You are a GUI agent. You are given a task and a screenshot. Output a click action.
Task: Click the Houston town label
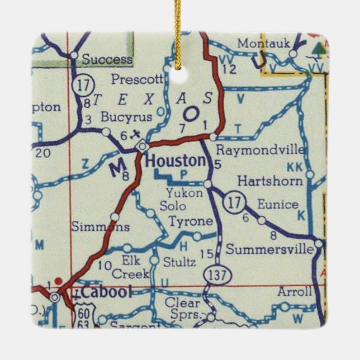pyautogui.click(x=175, y=162)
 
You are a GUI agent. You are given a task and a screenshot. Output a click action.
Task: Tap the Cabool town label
pyautogui.click(x=105, y=292)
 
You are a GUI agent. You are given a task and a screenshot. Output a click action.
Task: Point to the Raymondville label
pyautogui.click(x=260, y=150)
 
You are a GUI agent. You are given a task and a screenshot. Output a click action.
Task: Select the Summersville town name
pyautogui.click(x=270, y=249)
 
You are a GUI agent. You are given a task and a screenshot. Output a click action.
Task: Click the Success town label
pyautogui.click(x=107, y=59)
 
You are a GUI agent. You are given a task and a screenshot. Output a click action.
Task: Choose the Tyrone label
pyautogui.click(x=191, y=221)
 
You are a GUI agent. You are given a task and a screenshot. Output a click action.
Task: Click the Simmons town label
pyautogui.click(x=101, y=226)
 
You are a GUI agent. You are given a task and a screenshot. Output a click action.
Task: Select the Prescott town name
pyautogui.click(x=136, y=79)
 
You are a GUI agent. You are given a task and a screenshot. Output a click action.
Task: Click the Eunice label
pyautogui.click(x=278, y=204)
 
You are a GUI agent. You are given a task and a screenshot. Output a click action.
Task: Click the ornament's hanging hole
pyautogui.click(x=179, y=75)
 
